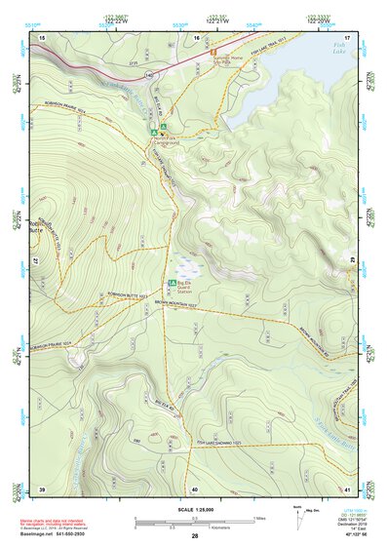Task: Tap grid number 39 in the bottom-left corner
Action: point(42,488)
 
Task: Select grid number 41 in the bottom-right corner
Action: point(346,488)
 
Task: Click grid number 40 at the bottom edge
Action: point(195,488)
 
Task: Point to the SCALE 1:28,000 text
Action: point(194,510)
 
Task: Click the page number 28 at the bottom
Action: point(195,536)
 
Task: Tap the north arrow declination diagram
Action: point(298,514)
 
